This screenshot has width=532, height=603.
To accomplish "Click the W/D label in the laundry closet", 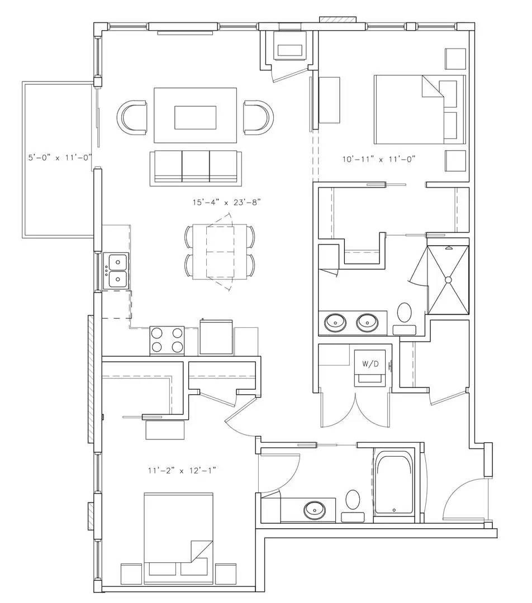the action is pyautogui.click(x=370, y=364).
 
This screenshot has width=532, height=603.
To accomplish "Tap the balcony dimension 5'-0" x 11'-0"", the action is pyautogui.click(x=60, y=157).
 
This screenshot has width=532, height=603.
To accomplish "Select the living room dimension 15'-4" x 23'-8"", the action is pyautogui.click(x=227, y=202).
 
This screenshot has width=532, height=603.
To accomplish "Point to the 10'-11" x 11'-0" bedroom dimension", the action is pyautogui.click(x=379, y=159).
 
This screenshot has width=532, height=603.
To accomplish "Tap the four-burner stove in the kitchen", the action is pyautogui.click(x=167, y=341).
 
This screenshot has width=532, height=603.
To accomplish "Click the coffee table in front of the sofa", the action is pyautogui.click(x=195, y=116).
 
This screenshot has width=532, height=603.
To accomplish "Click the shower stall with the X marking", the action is pyautogui.click(x=448, y=280).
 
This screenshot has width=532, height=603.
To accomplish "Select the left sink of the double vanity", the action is pyautogui.click(x=336, y=322).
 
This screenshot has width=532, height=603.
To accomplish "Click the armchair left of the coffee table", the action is pyautogui.click(x=132, y=118).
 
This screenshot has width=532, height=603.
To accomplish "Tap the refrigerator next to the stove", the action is pyautogui.click(x=216, y=337).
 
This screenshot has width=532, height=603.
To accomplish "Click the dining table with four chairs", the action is pyautogui.click(x=220, y=252).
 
